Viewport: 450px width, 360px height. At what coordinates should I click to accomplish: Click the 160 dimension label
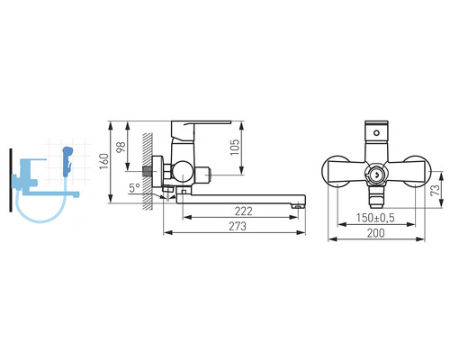(104, 161)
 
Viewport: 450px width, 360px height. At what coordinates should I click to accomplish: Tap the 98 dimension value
(121, 147)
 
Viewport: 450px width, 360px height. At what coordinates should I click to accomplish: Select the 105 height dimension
(235, 147)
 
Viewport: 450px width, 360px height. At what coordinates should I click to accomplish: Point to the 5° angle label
(135, 188)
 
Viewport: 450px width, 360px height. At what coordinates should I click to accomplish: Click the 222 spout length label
(244, 211)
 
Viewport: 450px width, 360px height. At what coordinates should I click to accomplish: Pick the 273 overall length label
(238, 226)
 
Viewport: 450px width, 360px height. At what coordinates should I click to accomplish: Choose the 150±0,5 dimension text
(375, 218)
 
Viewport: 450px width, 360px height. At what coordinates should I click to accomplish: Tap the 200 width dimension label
(375, 233)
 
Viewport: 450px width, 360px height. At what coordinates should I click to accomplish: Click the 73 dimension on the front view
(435, 190)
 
